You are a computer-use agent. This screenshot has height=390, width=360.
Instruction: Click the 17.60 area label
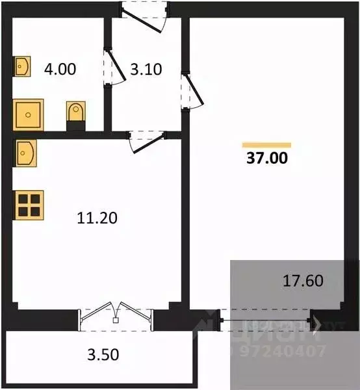coord(303,281)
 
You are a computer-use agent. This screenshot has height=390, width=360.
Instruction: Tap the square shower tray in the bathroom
coord(28,115)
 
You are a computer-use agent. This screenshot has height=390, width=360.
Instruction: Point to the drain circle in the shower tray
coord(28,115)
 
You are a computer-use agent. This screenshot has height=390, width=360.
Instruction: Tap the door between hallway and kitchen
coord(144,140)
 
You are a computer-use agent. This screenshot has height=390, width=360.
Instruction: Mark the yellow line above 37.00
coord(266,144)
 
